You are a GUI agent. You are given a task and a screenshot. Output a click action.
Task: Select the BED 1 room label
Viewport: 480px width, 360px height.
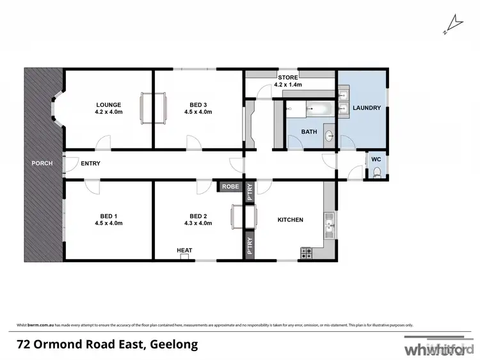click(x=108, y=219)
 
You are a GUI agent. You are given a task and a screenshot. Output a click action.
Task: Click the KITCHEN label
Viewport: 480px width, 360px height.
click(x=290, y=220)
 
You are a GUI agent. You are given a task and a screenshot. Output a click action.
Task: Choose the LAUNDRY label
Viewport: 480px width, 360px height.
click(x=367, y=108)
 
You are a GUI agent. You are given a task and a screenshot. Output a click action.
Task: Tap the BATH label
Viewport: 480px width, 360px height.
click(x=309, y=132)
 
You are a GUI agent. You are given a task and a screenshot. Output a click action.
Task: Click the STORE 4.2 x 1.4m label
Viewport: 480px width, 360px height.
click(x=287, y=81)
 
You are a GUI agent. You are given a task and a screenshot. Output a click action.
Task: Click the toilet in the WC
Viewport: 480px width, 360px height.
click(x=377, y=171)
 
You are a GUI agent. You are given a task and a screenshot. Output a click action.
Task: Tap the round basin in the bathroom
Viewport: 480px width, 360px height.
click(x=329, y=136)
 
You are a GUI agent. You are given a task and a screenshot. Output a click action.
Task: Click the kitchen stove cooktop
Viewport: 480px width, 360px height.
click(x=307, y=253)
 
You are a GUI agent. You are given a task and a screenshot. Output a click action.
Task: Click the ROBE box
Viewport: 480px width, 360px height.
click(x=230, y=187)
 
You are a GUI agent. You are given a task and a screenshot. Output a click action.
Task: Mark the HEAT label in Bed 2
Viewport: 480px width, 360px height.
click(x=184, y=250)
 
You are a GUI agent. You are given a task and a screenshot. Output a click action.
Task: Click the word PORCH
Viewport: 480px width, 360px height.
click(x=42, y=163)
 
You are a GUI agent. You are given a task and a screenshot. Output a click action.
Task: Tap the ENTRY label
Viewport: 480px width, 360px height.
click(x=90, y=163)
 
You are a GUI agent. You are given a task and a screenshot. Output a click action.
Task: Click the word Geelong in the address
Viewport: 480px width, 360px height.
click(x=175, y=345)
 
